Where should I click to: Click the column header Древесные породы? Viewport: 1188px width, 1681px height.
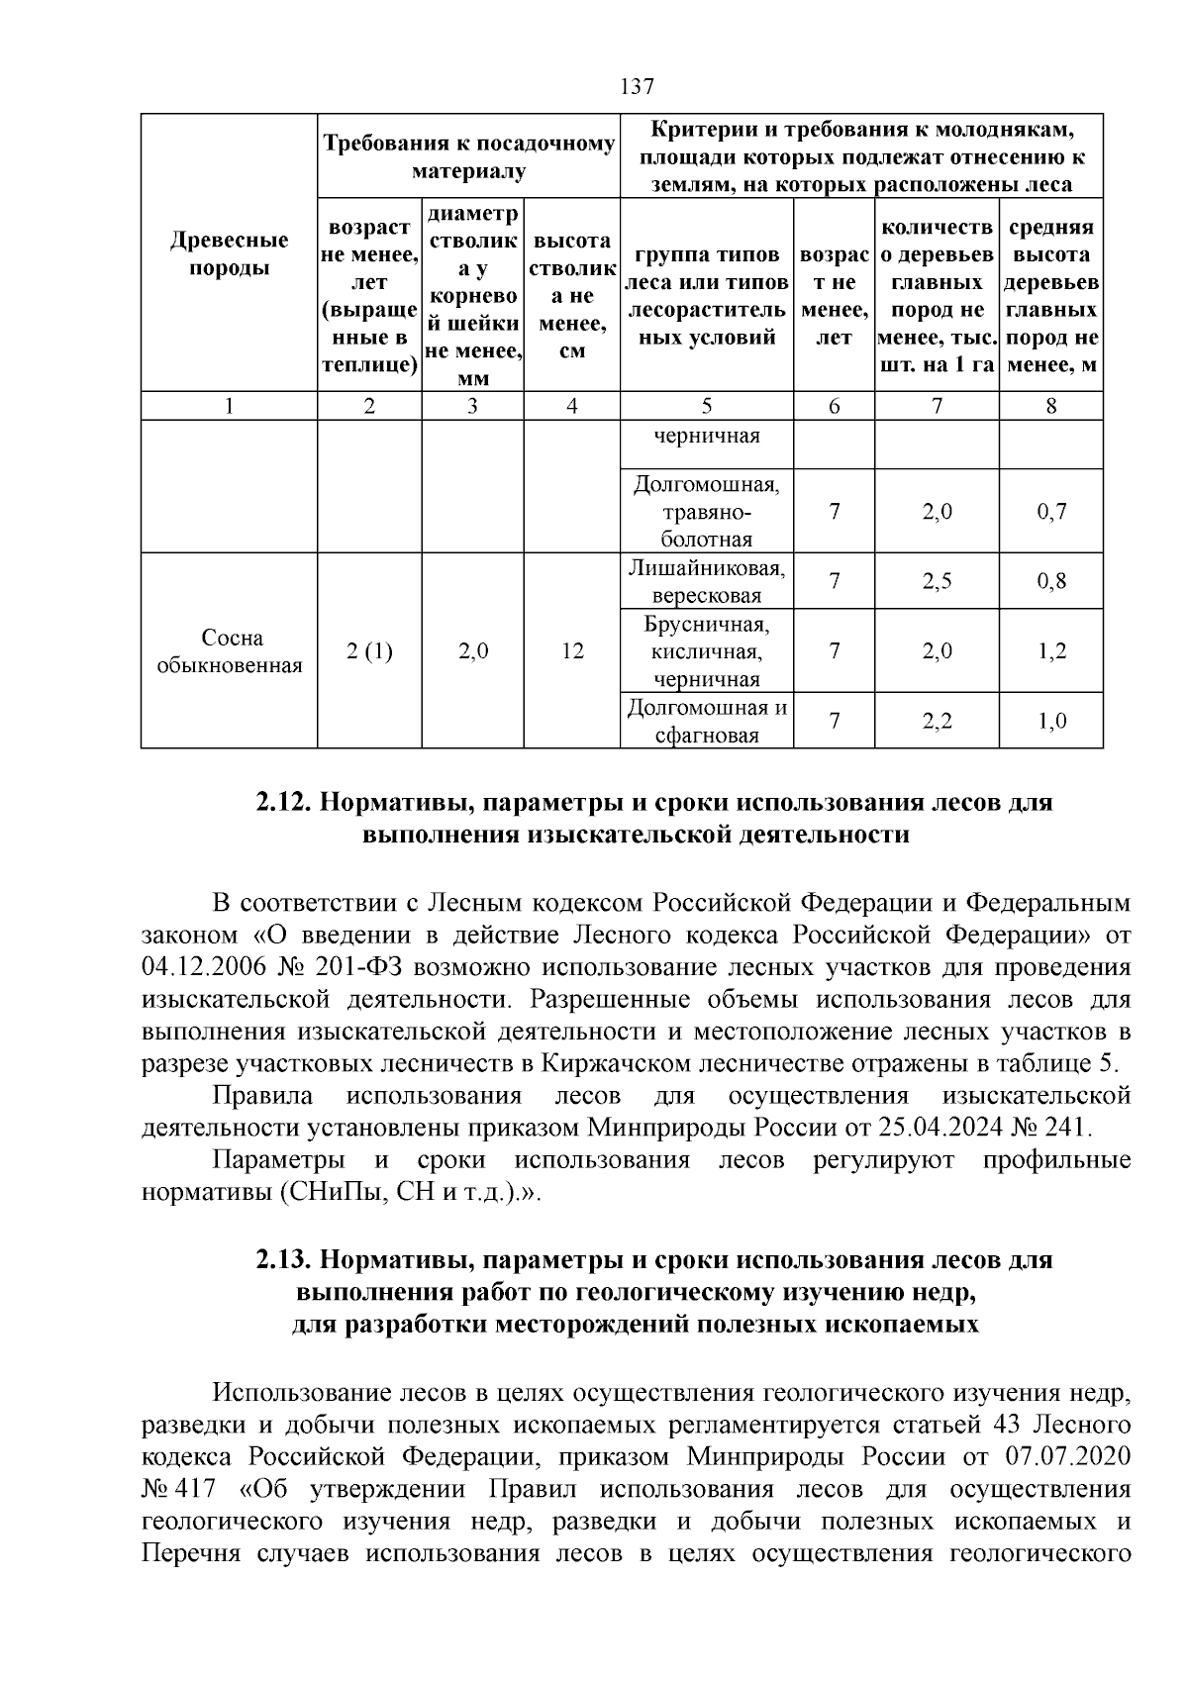229,253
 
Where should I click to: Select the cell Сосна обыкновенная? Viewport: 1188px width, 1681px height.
229,650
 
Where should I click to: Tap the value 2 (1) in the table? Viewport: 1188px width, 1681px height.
369,650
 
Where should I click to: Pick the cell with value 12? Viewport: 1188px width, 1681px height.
571,650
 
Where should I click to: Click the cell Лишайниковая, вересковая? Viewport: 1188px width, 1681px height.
706,581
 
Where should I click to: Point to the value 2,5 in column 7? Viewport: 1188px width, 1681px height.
937,581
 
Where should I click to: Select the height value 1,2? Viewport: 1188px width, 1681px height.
1051,650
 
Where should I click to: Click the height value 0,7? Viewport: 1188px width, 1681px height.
1051,512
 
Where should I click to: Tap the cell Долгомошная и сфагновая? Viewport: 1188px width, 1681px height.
706,721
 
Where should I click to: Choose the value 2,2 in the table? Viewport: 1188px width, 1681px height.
937,721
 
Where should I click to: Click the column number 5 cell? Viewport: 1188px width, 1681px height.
706,406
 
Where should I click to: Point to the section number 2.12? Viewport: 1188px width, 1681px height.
284,803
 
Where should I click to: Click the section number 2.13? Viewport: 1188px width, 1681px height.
284,1260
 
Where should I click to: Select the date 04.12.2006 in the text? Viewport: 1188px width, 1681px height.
191,967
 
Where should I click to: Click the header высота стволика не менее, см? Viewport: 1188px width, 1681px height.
571,295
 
